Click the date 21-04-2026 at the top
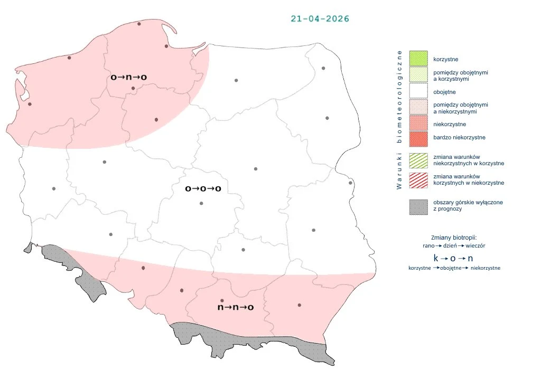click(x=320, y=18)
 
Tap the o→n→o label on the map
click(x=128, y=77)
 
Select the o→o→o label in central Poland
click(x=203, y=188)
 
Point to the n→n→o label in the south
click(x=236, y=307)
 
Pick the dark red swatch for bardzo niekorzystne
click(x=418, y=138)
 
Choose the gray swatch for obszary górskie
click(x=418, y=206)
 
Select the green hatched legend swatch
click(x=418, y=160)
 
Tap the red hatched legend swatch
click(x=418, y=179)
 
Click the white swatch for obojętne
click(x=418, y=92)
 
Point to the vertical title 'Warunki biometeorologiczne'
click(x=400, y=119)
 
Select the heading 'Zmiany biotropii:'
click(x=454, y=237)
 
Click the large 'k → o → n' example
click(x=453, y=258)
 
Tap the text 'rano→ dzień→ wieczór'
click(x=454, y=246)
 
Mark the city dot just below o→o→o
click(x=201, y=203)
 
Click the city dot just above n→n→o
click(x=222, y=300)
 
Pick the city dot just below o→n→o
click(x=133, y=88)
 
